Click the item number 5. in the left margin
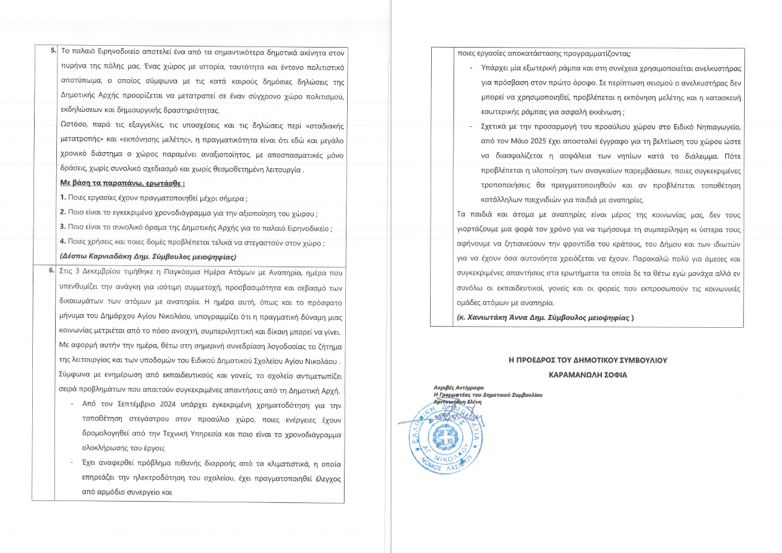(54, 49)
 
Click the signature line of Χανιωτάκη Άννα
(541, 318)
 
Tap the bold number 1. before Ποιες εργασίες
(63, 199)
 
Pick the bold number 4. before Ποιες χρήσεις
(63, 242)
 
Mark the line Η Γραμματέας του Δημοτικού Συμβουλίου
(488, 395)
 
